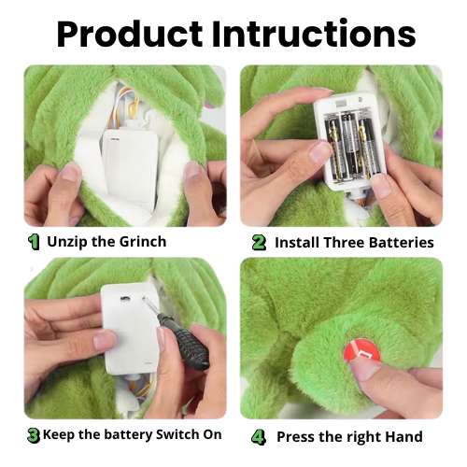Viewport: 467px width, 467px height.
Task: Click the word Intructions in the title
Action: (314, 34)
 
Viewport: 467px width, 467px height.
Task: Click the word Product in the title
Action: (130, 34)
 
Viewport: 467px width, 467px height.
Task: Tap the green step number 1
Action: (34, 242)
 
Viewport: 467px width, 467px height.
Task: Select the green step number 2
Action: (259, 243)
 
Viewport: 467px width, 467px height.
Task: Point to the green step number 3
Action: (34, 435)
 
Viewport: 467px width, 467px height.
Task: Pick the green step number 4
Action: (259, 437)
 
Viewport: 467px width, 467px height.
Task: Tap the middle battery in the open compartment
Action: (350, 146)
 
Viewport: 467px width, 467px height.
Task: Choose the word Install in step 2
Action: (297, 243)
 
